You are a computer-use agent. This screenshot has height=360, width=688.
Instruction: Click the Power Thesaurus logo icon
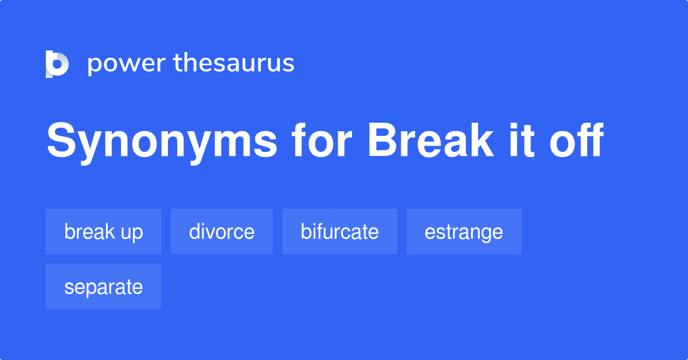pos(57,64)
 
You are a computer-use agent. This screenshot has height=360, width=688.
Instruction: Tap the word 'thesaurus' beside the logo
pos(234,63)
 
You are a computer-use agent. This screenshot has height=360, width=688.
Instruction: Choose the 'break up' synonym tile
pos(104,232)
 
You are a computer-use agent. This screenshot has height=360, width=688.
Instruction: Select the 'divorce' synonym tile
pos(222,232)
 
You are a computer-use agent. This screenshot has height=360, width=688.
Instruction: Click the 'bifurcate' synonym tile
pos(339,232)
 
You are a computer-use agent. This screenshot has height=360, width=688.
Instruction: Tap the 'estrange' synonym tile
pos(464,232)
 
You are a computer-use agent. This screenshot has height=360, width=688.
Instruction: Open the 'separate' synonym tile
pos(103,287)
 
